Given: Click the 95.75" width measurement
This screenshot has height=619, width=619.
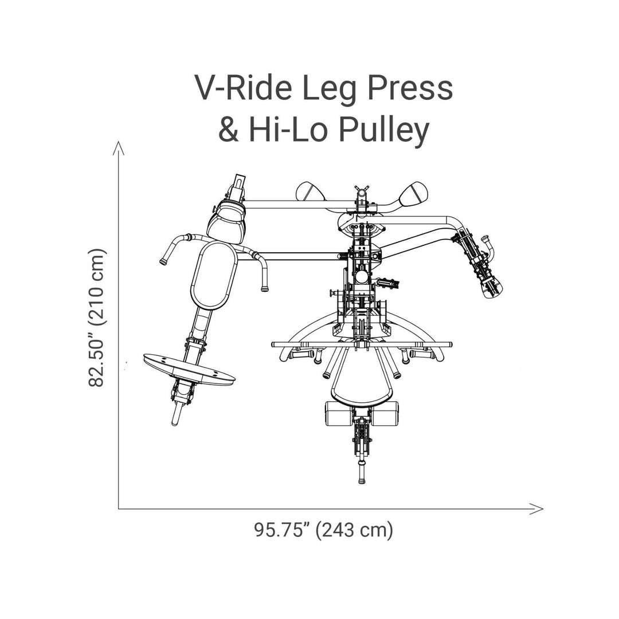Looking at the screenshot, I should point(283,530).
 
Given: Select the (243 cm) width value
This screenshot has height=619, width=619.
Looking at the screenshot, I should point(356,530).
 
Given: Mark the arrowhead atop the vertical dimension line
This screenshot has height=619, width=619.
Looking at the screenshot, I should point(119,147).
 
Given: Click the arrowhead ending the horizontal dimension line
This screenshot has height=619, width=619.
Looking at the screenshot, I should point(538,508).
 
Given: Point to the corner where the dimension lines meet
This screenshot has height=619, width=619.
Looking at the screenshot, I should point(119,508).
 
